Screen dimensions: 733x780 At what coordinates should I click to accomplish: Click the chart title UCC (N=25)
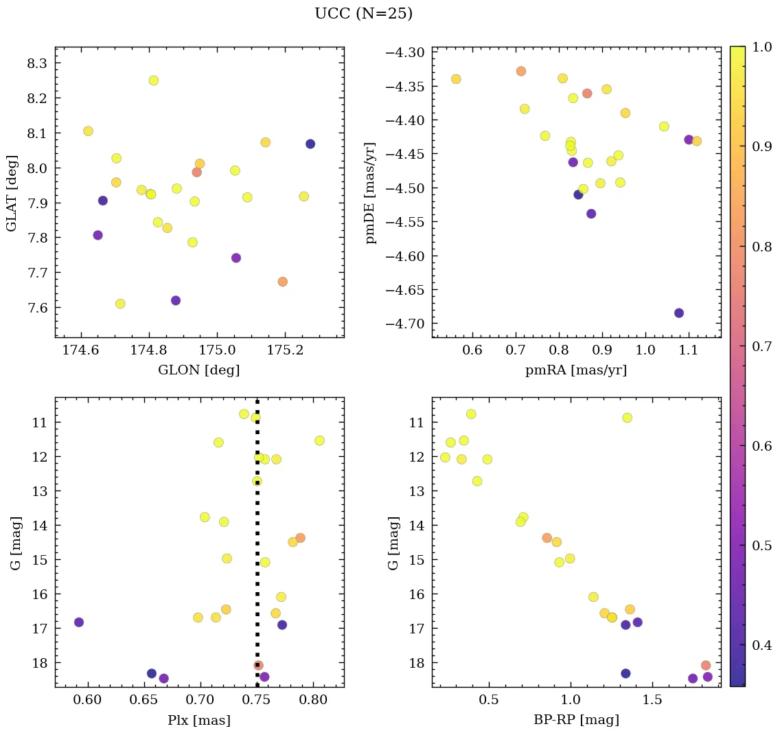(x=363, y=14)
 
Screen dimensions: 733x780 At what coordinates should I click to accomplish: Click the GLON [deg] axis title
(x=199, y=370)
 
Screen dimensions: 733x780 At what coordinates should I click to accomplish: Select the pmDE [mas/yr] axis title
(x=371, y=193)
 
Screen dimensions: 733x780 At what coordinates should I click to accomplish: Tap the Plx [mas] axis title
(x=199, y=720)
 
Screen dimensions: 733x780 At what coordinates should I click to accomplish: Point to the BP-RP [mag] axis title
(x=576, y=720)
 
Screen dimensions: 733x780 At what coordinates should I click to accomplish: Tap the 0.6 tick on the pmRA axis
(x=472, y=350)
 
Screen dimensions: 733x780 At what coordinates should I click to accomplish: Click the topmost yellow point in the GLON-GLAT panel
(x=154, y=80)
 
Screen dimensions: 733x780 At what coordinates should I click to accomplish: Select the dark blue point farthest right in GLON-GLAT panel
(x=310, y=144)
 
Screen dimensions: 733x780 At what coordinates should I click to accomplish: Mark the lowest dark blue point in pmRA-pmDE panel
(x=679, y=313)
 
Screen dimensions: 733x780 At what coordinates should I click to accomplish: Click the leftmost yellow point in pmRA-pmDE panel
(x=456, y=79)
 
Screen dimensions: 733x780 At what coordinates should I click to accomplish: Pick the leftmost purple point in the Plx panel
(x=79, y=622)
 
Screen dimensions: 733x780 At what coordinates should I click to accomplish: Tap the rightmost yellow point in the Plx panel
(x=319, y=440)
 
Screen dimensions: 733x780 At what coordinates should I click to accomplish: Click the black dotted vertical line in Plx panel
(x=257, y=563)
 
